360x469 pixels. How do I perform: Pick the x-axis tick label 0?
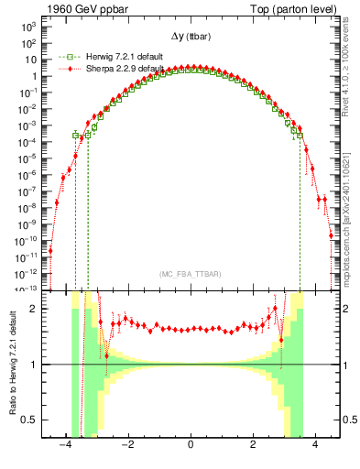pyautogui.click(x=190, y=446)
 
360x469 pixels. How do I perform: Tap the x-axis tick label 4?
pyautogui.click(x=315, y=446)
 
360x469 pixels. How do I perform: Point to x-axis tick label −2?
pyautogui.click(x=126, y=446)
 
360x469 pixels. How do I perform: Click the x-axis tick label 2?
pyautogui.click(x=253, y=446)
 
